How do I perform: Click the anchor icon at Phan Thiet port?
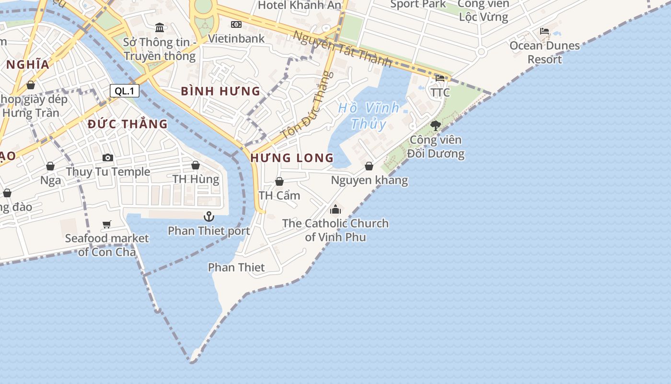coord(208,216)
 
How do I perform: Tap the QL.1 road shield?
coord(125,91)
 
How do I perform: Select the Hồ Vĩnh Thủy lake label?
coord(369,116)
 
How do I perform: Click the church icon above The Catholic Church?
coord(335,209)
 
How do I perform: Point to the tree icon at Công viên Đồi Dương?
coord(435,126)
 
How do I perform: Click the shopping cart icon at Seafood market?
coord(107,224)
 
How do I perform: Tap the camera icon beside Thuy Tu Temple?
coord(108,157)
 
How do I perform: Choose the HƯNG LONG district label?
coord(292,157)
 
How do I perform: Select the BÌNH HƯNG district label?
coord(220,91)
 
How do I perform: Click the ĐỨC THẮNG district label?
coord(128,124)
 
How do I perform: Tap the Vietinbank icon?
coord(236,24)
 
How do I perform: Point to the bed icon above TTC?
coord(440,78)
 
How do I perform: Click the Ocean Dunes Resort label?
coord(544,52)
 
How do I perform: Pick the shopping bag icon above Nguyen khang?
coord(369,166)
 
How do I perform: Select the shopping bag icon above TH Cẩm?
coord(279,181)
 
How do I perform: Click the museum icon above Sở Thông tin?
coord(160,27)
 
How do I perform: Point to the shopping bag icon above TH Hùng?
coord(196,165)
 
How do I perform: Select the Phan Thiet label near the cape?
coord(236,267)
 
